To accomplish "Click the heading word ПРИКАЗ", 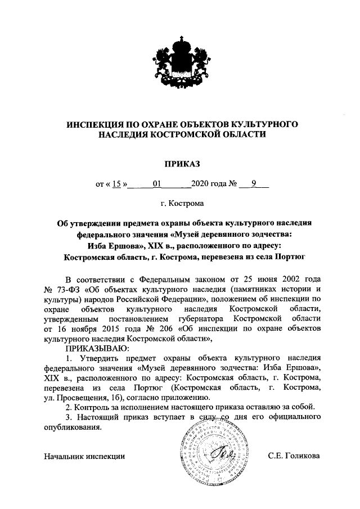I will coord(181,164).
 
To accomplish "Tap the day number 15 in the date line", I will coord(117,183).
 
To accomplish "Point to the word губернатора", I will coord(202,319).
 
